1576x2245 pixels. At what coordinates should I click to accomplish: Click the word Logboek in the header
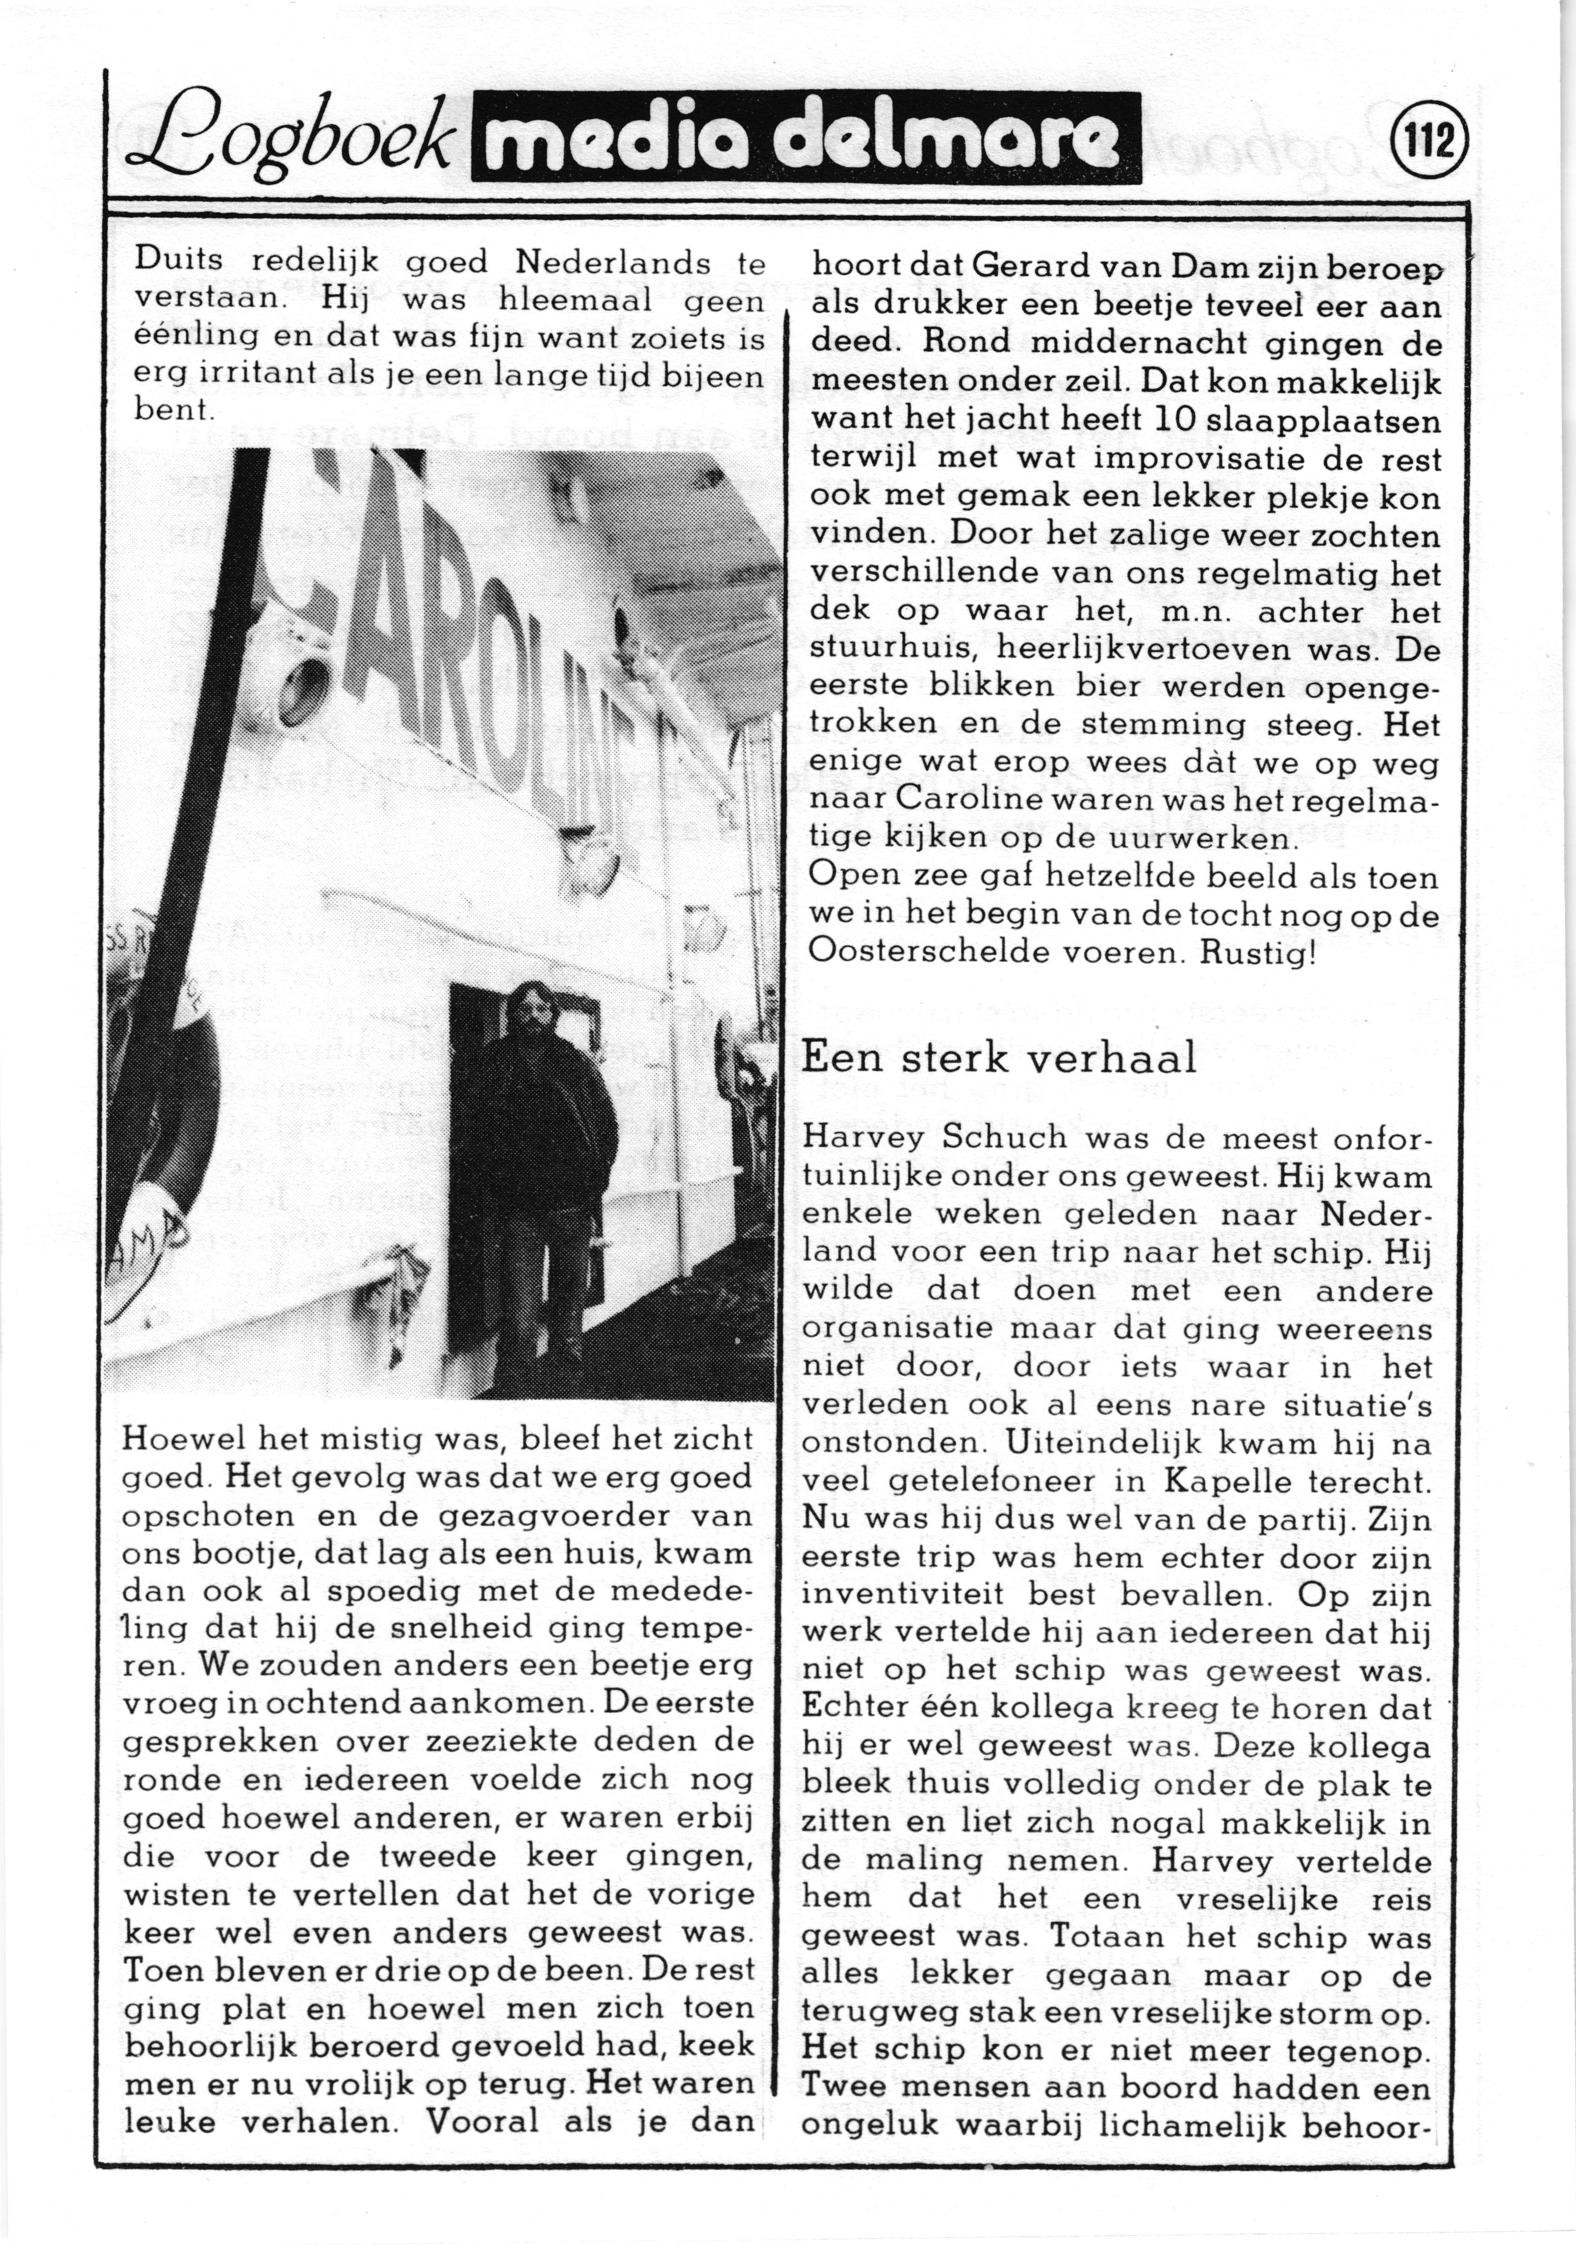pos(293,142)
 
